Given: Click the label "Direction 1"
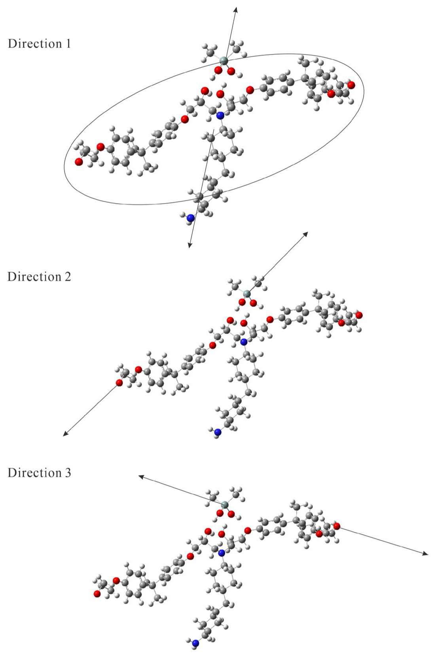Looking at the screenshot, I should [39, 44].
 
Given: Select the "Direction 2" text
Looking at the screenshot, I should [39, 277].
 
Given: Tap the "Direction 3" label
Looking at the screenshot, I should [39, 472].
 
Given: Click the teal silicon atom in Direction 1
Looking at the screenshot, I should [224, 61].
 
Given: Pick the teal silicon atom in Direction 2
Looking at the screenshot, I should [246, 294].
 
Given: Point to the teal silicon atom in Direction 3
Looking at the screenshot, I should [224, 504].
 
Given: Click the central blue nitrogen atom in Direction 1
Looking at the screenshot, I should [220, 116].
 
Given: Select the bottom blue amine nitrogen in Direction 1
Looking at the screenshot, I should [191, 218].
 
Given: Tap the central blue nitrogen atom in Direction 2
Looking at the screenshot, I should [243, 341].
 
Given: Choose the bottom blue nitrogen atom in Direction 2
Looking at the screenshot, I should [217, 432].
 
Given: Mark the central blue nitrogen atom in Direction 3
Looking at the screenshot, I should [221, 553].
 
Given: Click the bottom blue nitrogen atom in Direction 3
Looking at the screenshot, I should [195, 643].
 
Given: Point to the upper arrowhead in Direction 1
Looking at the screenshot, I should [236, 9].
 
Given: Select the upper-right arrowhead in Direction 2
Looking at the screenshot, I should [306, 234].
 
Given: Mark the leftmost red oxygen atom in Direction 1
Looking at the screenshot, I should [79, 161].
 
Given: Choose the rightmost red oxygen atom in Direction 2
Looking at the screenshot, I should [359, 315].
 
